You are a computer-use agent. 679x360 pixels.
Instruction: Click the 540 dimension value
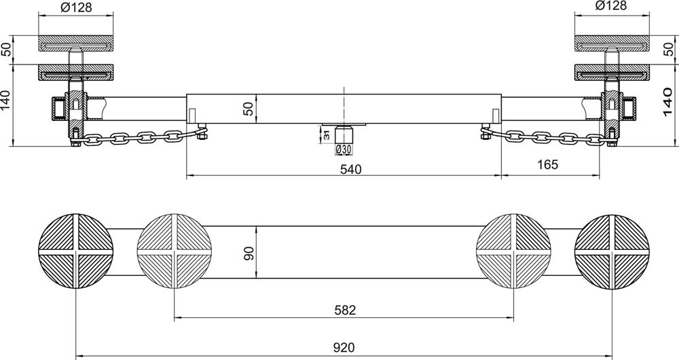pos(350,169)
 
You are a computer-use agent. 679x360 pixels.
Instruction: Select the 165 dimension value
pos(548,164)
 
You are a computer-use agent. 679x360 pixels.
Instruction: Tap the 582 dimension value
pos(345,310)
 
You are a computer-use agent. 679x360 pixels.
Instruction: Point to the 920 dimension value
pos(344,348)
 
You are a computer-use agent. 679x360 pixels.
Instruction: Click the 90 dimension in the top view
pos(249,252)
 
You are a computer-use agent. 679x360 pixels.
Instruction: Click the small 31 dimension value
pos(327,134)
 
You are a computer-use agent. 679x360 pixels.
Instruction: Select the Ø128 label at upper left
pos(76,7)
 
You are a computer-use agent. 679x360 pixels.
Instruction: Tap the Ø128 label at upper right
pos(612,5)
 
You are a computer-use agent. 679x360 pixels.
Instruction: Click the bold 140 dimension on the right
pos(667,103)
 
